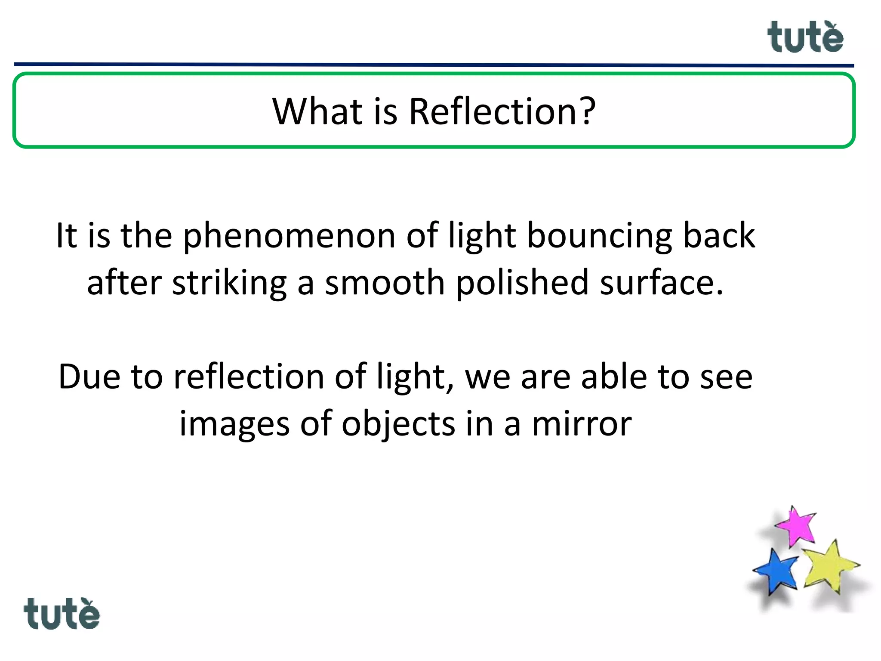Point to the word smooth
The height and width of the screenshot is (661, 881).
click(385, 283)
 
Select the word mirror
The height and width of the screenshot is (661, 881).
click(582, 424)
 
